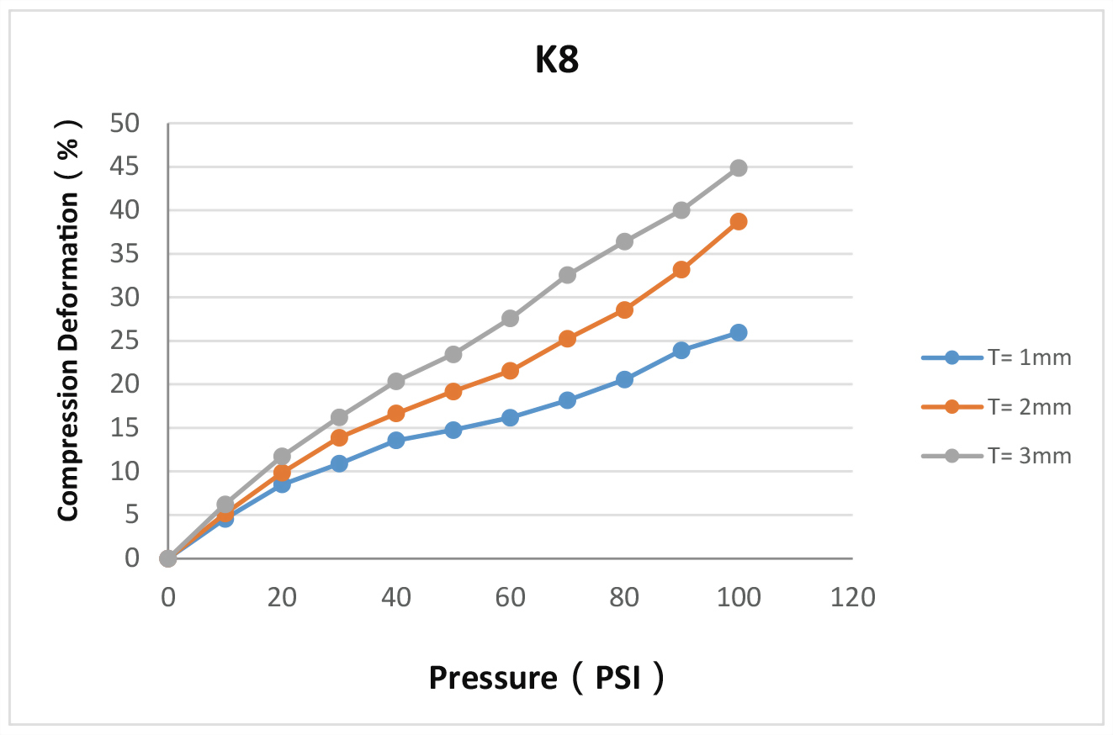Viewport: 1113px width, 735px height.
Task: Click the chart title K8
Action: pyautogui.click(x=557, y=63)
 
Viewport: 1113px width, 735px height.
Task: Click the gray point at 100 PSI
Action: pyautogui.click(x=739, y=168)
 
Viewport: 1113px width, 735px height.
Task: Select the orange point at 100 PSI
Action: pyautogui.click(x=739, y=221)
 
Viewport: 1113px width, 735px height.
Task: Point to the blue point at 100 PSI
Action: pyautogui.click(x=739, y=332)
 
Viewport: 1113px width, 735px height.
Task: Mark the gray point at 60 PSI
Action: pyautogui.click(x=510, y=318)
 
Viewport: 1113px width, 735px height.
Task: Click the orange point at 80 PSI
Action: pyautogui.click(x=624, y=309)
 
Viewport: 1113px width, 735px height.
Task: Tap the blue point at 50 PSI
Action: pyautogui.click(x=453, y=430)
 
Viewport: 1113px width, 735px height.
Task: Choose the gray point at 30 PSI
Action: pyautogui.click(x=339, y=417)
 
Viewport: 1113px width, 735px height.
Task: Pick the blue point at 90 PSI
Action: pyautogui.click(x=681, y=350)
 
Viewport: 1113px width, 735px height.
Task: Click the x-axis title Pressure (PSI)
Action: pyautogui.click(x=547, y=677)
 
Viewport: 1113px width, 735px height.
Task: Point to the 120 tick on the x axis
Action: pyautogui.click(x=852, y=597)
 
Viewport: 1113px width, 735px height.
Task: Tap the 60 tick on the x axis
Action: pyautogui.click(x=510, y=597)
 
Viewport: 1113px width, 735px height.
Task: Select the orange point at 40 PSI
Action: pyautogui.click(x=396, y=413)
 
